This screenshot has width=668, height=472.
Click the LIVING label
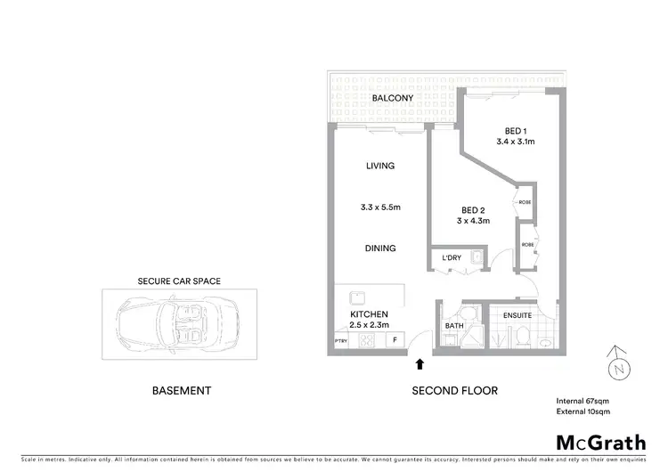coord(379,166)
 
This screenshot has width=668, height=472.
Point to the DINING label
coord(379,248)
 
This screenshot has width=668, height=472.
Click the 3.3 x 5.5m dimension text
coord(379,208)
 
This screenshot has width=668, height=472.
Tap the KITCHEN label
coord(368,315)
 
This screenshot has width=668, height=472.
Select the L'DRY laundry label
coord(452,258)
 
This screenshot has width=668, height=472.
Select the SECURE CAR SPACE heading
coord(178,281)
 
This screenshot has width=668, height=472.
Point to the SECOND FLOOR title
coord(454,391)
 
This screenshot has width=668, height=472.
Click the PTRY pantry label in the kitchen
coord(340,341)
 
